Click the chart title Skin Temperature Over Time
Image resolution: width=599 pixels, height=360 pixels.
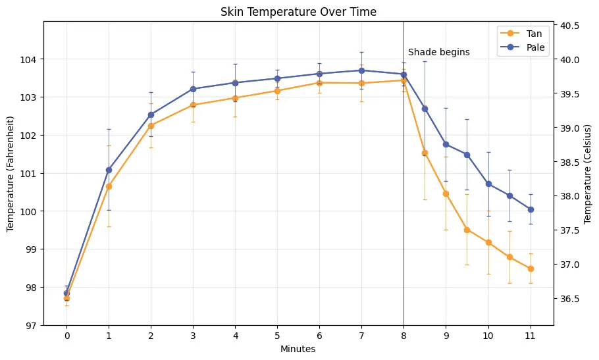(x=298, y=12)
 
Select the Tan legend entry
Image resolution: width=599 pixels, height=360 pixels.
(x=533, y=34)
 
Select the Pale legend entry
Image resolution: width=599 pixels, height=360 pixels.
(x=534, y=47)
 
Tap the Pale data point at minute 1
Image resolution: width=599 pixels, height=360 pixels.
(x=109, y=170)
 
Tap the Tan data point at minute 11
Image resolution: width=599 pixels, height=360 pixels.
(x=531, y=269)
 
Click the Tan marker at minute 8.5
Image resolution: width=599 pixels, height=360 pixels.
(x=425, y=153)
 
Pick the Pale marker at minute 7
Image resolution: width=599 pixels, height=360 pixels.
(x=361, y=70)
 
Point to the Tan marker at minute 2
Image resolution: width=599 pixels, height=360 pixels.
(x=151, y=126)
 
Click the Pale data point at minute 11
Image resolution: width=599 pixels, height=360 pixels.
(x=531, y=209)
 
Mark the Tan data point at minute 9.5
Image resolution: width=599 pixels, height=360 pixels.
(x=467, y=230)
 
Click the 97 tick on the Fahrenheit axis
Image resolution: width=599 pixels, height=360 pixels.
(x=33, y=326)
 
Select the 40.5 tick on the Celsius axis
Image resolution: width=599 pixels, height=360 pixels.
(x=570, y=26)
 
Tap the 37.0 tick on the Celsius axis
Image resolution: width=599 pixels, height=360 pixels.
(x=570, y=265)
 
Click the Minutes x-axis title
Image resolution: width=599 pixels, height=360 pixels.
(x=298, y=349)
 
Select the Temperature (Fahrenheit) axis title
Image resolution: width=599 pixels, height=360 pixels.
(x=11, y=174)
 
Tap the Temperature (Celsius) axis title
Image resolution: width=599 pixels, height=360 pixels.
(x=588, y=174)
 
